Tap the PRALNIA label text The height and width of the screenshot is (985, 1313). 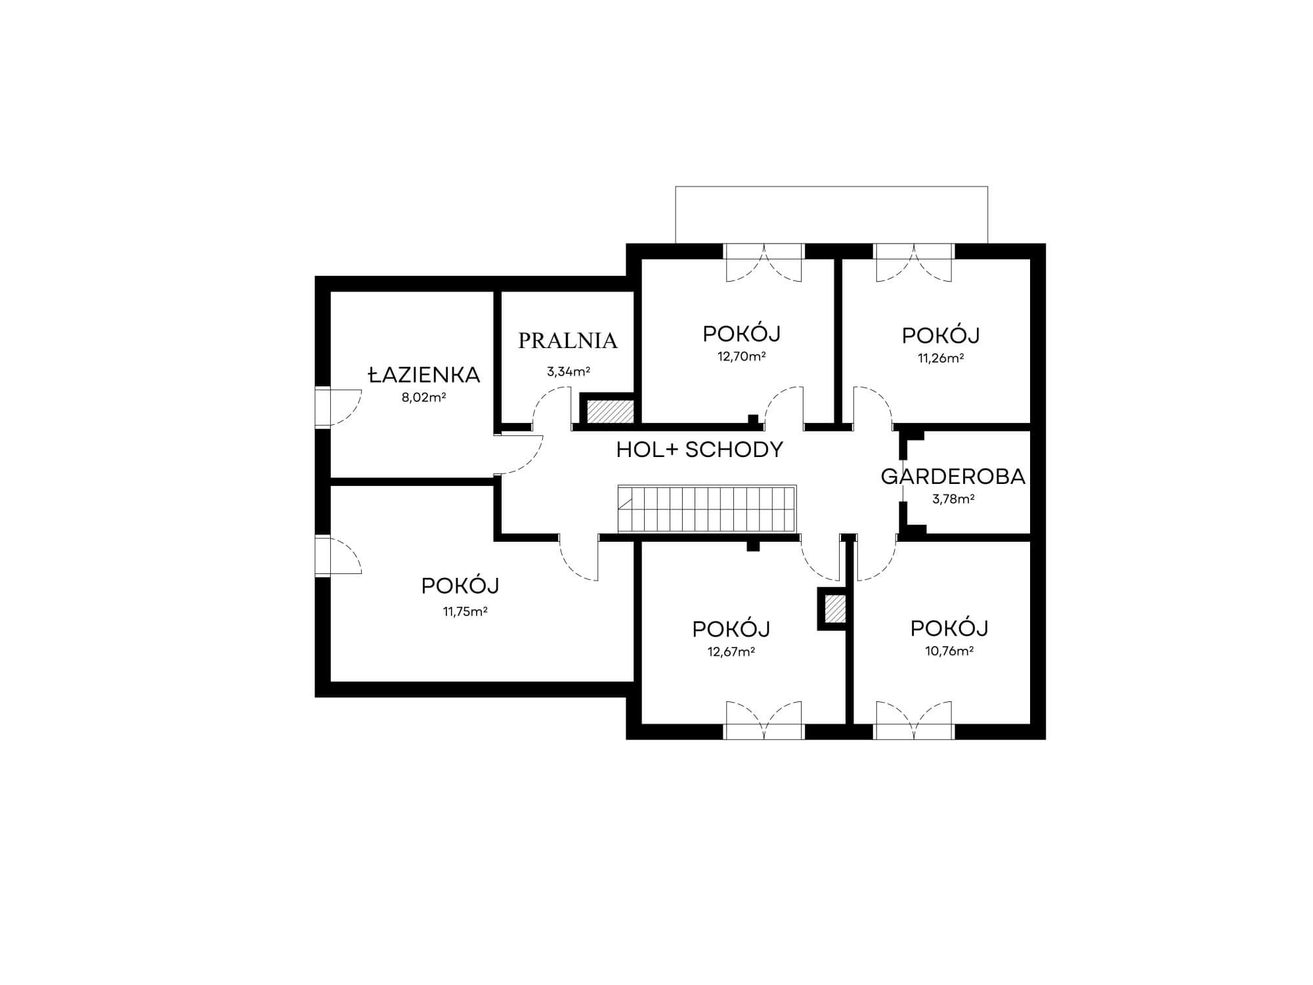(568, 340)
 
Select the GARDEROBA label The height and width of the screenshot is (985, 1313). (953, 477)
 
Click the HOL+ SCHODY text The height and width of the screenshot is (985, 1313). (700, 450)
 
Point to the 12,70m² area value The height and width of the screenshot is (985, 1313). (742, 357)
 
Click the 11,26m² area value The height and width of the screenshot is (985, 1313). (941, 358)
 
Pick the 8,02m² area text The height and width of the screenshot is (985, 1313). (423, 397)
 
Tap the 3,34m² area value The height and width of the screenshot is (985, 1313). (569, 372)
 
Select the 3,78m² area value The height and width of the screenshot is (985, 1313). (953, 499)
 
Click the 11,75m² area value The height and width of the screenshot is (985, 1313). (465, 612)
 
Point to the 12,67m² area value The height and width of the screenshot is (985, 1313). (731, 652)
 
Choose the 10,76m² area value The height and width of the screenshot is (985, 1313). (949, 651)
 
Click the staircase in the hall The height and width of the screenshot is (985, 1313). (707, 509)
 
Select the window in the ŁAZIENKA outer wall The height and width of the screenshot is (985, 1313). (322, 406)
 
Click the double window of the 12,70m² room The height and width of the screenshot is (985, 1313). (764, 252)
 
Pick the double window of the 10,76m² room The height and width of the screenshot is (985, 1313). (914, 732)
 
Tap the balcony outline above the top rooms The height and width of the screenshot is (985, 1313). (832, 187)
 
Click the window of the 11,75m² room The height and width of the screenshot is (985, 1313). (322, 556)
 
